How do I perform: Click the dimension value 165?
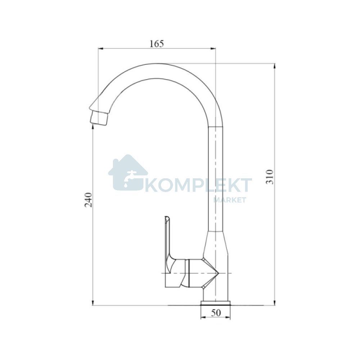click(x=157, y=44)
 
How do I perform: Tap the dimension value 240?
click(x=89, y=200)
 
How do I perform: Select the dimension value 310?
click(x=270, y=177)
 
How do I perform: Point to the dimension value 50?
click(x=216, y=313)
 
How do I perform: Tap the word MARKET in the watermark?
click(x=230, y=200)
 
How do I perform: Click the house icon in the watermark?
click(x=128, y=172)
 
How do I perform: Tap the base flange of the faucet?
click(x=215, y=303)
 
